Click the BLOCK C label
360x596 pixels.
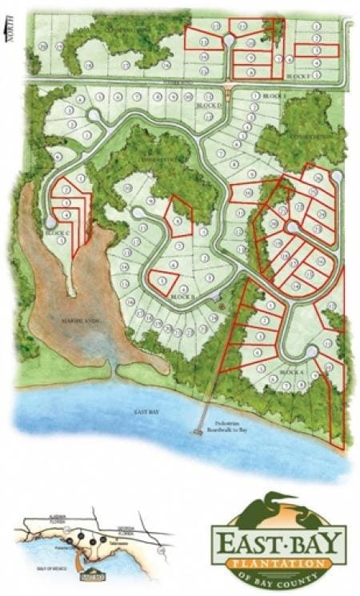pos(57,232)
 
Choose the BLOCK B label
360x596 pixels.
pos(182,297)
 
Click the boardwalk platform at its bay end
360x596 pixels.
pos(196,432)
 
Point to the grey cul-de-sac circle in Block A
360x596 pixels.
pos(311,351)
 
